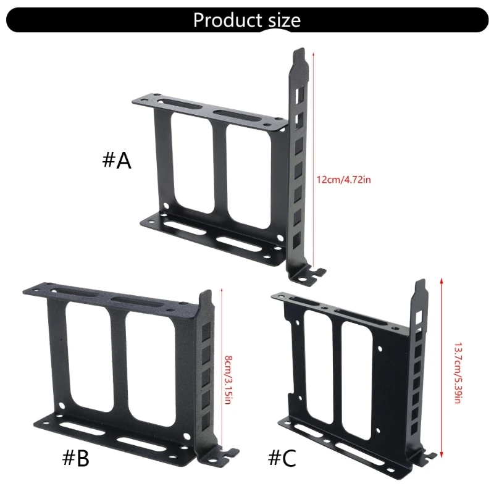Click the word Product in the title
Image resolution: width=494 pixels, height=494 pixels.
[227, 20]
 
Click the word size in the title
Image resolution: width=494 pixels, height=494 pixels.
[282, 20]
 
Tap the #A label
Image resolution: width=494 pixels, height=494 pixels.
[117, 161]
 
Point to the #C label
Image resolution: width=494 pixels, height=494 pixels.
[282, 458]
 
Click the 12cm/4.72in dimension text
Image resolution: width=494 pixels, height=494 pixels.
[343, 180]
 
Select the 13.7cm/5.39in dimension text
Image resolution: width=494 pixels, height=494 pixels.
[458, 364]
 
